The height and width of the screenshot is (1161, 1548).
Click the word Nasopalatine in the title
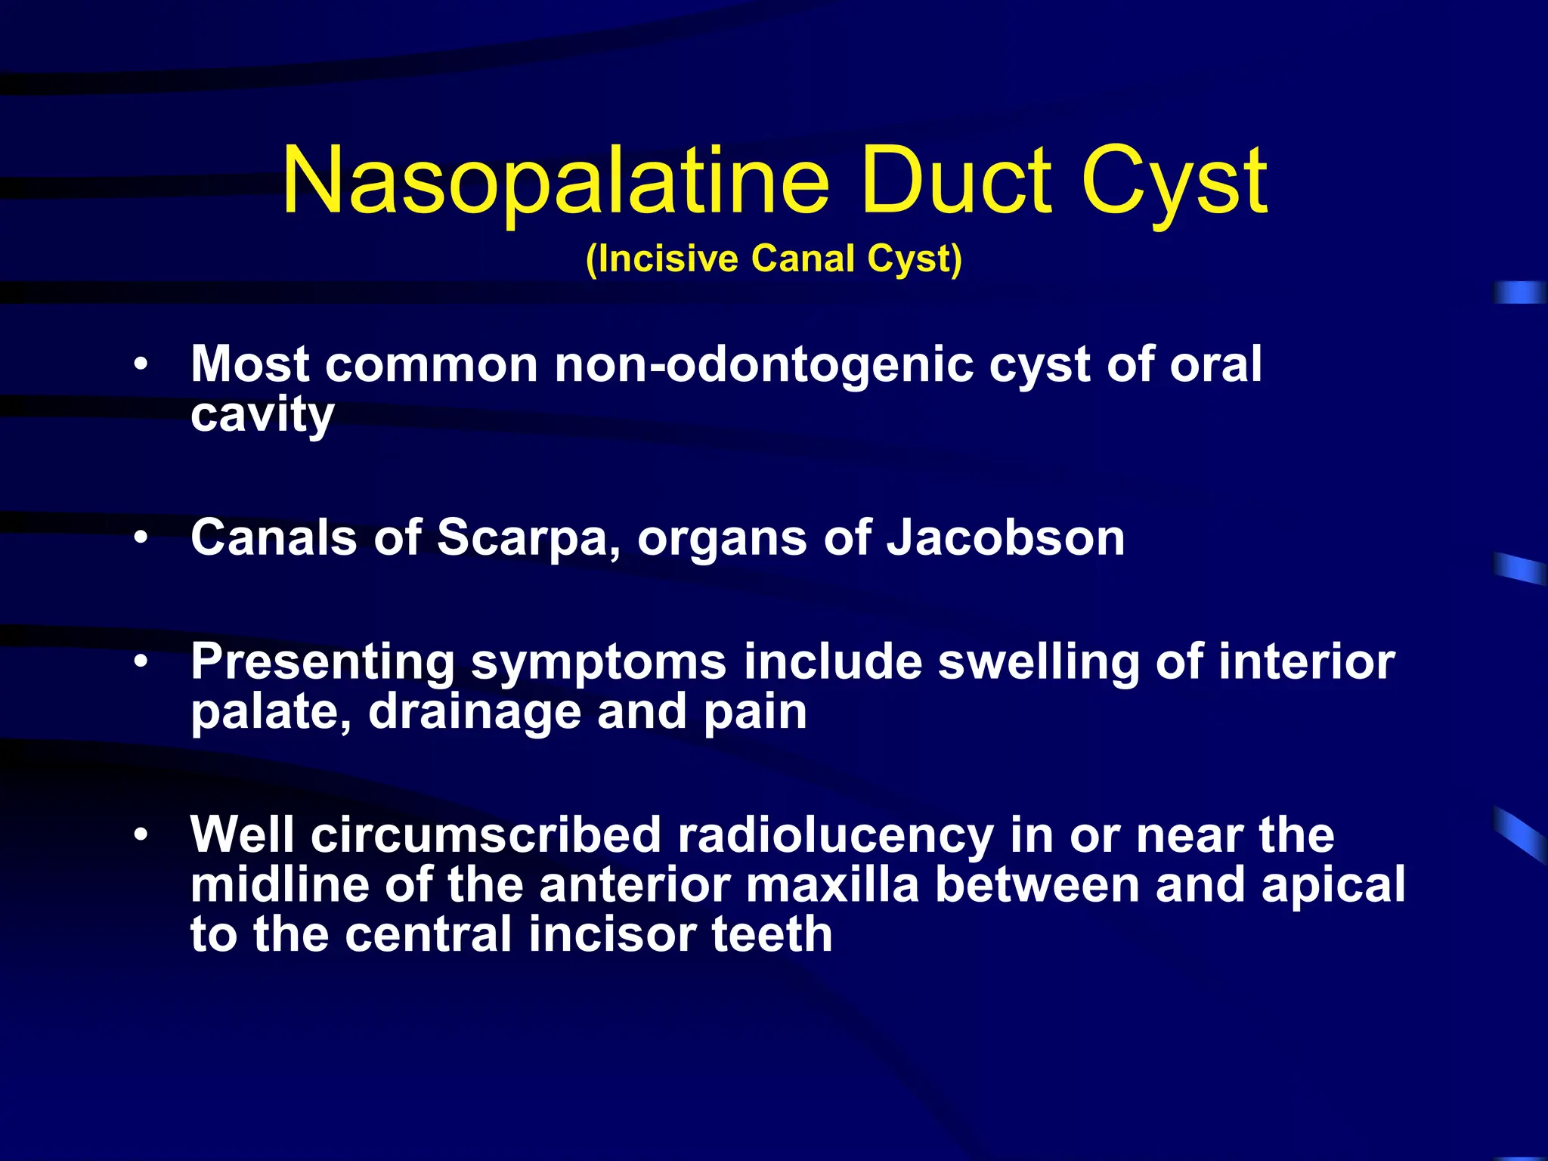point(556,181)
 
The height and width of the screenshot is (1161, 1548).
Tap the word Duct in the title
point(955,181)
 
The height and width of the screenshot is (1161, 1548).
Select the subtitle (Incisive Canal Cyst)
point(774,259)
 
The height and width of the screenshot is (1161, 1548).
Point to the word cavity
point(262,415)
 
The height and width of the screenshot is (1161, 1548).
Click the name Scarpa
point(529,537)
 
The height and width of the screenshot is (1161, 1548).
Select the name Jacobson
point(1005,537)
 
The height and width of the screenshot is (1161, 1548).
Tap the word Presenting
point(322,662)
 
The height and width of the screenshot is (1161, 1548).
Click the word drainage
point(474,712)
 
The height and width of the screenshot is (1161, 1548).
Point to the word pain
point(755,712)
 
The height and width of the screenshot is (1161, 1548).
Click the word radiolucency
point(834,835)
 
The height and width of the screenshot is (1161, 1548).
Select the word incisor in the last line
point(611,934)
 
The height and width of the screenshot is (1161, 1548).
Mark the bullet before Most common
point(141,365)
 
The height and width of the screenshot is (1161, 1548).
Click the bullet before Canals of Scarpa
point(141,538)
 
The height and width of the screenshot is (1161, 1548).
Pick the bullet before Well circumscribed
point(141,836)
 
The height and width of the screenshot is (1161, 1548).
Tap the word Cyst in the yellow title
point(1175,181)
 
